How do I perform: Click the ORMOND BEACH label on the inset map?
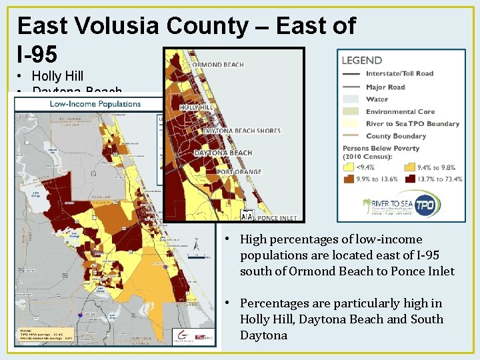pos(217,65)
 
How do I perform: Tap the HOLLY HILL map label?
pos(197,107)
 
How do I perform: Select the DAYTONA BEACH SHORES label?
pos(242,131)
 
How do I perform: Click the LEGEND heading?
pos(362,61)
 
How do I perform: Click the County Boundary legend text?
pos(395,136)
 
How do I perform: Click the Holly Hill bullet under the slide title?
pos(57,77)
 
